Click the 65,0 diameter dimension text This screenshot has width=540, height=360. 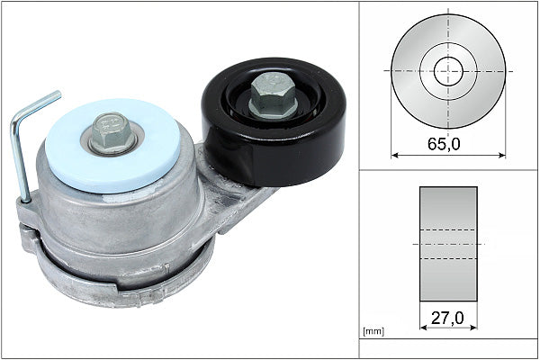point(448,142)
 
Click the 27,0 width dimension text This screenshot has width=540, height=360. point(448,317)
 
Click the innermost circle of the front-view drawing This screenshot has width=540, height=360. point(448,71)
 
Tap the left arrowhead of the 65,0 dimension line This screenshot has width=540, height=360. point(395,155)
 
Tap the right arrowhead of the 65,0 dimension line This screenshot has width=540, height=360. point(501,155)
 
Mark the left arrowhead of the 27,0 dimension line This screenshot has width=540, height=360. point(423,327)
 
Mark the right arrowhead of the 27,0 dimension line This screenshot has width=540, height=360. point(473,327)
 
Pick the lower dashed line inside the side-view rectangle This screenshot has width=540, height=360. point(448,259)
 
